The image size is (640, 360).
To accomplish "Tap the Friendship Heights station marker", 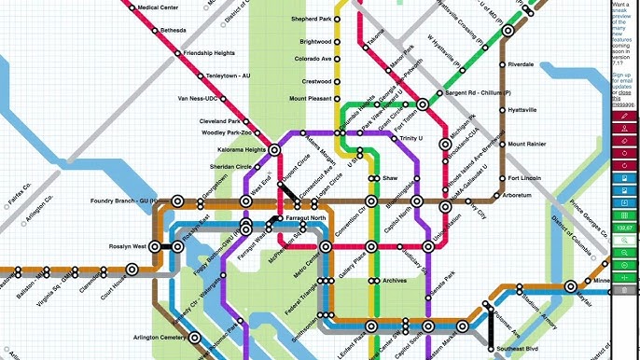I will point(177,53).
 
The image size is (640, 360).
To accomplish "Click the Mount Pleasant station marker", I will point(340,98).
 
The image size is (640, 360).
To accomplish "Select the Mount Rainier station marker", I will point(502,145).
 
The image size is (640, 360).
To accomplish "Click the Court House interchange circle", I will point(132,269).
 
